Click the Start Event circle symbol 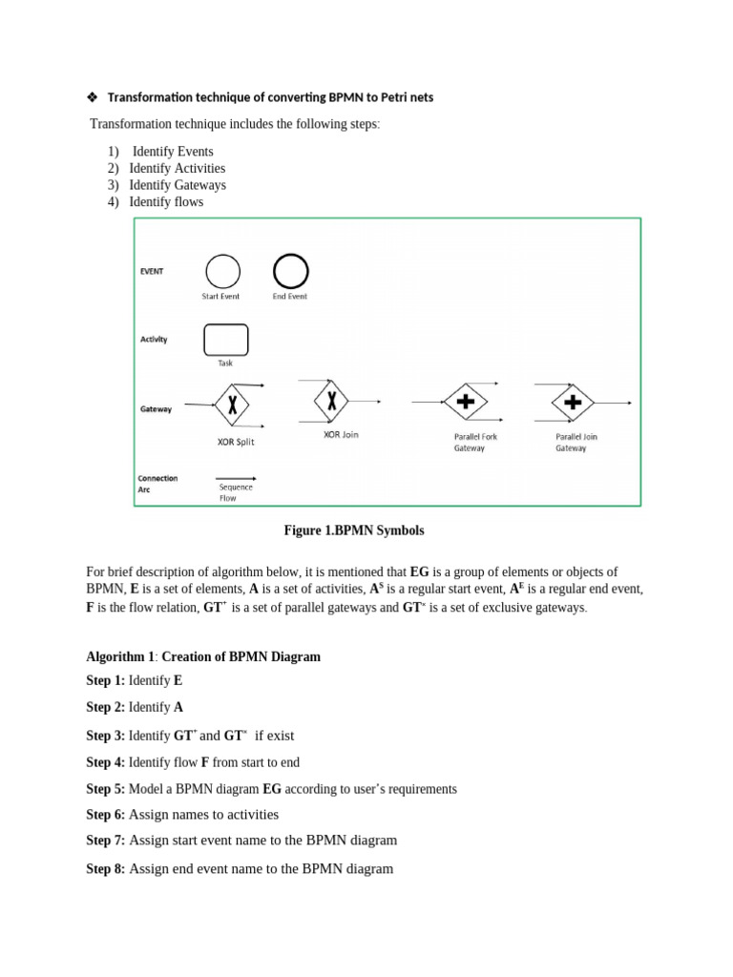click(222, 271)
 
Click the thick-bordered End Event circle click(290, 271)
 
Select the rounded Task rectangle click(225, 340)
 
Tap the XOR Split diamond click(232, 405)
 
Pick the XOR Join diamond click(331, 401)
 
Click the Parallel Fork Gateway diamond click(465, 403)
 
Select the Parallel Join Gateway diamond click(573, 403)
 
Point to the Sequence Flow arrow click(235, 478)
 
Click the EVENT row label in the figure click(152, 271)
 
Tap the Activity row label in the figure click(154, 339)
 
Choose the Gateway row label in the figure click(156, 409)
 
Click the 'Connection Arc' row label click(157, 484)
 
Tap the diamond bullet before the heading click(93, 97)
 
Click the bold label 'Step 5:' click(105, 789)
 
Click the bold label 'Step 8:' click(105, 869)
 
